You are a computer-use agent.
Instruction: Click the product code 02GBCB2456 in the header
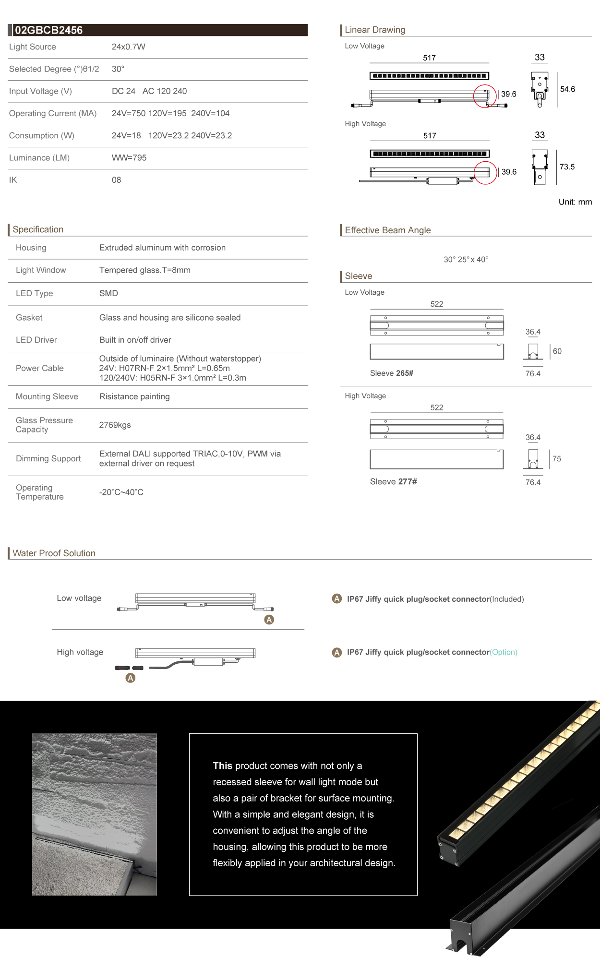click(x=48, y=30)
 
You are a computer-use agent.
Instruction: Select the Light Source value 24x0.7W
click(x=128, y=47)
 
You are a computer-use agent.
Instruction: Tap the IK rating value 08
click(x=116, y=180)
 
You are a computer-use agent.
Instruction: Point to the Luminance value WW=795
click(x=129, y=158)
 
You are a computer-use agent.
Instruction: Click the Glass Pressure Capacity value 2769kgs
click(x=115, y=425)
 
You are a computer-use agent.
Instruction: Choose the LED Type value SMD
click(x=108, y=293)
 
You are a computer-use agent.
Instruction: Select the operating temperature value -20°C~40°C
click(x=121, y=492)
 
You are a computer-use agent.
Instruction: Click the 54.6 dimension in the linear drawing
click(x=567, y=89)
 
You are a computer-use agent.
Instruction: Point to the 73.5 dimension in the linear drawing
click(x=567, y=167)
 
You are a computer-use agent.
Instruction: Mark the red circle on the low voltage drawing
click(x=485, y=96)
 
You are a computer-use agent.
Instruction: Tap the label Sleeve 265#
click(x=392, y=373)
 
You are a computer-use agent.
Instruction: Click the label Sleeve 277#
click(x=393, y=482)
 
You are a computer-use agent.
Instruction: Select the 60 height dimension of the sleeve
click(x=557, y=351)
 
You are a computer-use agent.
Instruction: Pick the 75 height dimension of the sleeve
click(x=556, y=459)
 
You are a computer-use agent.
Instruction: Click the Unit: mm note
click(x=575, y=202)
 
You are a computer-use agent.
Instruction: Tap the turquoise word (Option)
click(x=504, y=652)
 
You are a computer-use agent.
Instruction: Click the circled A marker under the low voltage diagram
click(x=269, y=620)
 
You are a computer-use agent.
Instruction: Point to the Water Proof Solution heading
click(x=54, y=553)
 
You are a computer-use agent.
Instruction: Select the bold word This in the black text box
click(x=222, y=766)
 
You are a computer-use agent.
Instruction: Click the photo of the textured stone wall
click(x=95, y=814)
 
